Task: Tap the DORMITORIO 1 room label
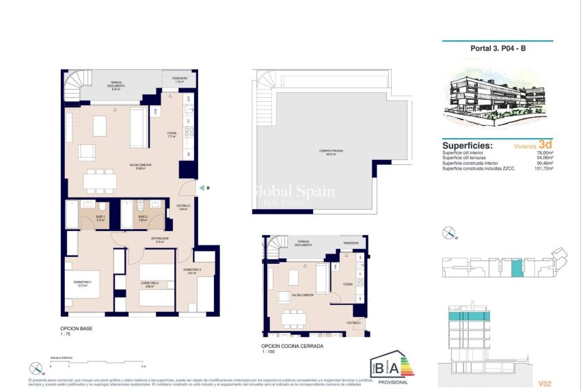73,282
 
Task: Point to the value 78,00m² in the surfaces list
543,153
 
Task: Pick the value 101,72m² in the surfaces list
541,168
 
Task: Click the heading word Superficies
468,146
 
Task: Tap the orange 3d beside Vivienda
545,145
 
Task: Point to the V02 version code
545,383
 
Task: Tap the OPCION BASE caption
76,329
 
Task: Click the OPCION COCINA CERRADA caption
293,347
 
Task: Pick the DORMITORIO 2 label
150,283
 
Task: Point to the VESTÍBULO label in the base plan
184,206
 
